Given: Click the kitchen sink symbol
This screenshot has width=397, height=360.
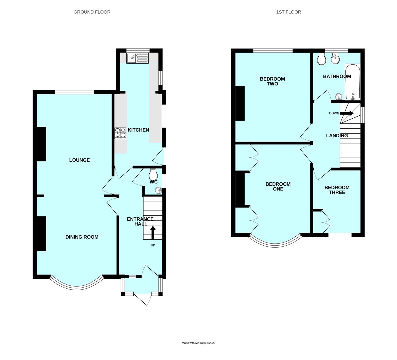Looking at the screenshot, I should pos(137,58).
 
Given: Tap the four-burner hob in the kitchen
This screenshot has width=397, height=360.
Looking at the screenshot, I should pos(121,133).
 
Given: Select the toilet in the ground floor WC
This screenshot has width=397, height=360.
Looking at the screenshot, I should pos(153,174).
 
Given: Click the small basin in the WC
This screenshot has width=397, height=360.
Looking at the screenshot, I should pos(158,190).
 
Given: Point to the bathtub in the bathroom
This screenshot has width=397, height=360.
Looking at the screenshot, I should pos(352,82).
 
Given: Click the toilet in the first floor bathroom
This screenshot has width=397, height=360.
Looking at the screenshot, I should pos(322,59).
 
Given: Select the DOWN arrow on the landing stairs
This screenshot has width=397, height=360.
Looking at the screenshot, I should pos(347,113).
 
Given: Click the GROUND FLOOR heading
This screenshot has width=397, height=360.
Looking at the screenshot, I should pos(92,12).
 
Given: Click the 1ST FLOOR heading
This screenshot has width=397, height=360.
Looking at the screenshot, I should pos(289,12).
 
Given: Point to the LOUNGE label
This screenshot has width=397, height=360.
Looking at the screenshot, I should pos(79,160).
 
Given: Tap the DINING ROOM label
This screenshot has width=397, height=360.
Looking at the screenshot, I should pos(82,237).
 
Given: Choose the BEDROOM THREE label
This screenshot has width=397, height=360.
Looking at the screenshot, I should pos(337,190).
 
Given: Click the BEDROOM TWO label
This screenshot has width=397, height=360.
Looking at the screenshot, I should pos(272,81).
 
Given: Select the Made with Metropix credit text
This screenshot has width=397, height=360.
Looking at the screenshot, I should pos(198,343).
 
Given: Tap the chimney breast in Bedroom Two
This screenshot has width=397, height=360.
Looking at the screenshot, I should pos(240,103).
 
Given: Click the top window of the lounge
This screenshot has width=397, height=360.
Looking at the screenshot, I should pos(74,92).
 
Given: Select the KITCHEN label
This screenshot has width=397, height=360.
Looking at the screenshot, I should pos(138,130).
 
